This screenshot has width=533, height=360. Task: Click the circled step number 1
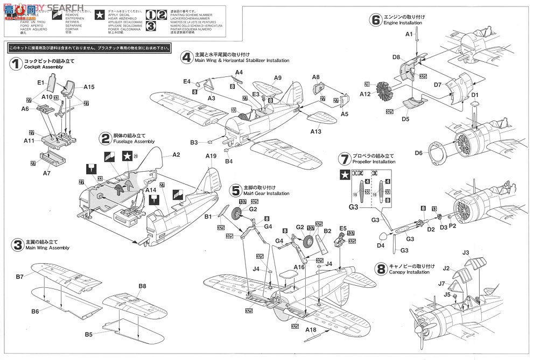click(15, 64)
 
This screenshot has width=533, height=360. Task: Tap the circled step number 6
click(375, 20)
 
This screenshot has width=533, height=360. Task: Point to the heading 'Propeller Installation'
click(375, 161)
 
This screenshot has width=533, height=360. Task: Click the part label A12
click(366, 94)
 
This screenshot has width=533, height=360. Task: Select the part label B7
click(20, 277)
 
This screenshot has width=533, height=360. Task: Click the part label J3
click(466, 252)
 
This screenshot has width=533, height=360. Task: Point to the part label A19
click(211, 156)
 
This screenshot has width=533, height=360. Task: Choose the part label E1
click(40, 83)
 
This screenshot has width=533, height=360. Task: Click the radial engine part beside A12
click(384, 91)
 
